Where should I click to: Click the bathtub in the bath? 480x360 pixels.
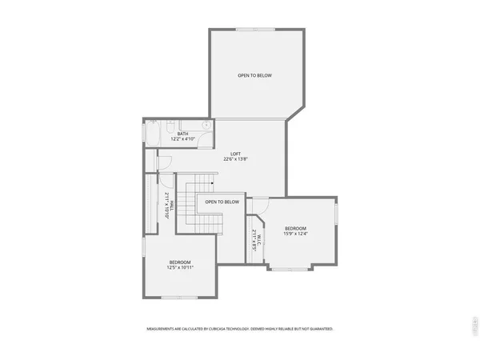[152, 132]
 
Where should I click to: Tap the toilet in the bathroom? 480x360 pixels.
[170, 126]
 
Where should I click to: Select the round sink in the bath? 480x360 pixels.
[206, 126]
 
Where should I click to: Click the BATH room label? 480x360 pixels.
[182, 134]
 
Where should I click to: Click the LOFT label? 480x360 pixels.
[235, 154]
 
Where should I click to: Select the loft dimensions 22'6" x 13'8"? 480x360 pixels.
[235, 159]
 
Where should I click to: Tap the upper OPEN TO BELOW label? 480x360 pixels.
[254, 76]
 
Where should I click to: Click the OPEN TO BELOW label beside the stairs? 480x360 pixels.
[222, 202]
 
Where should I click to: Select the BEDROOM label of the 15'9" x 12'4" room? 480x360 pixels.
[296, 229]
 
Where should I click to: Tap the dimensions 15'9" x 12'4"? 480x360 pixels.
[296, 234]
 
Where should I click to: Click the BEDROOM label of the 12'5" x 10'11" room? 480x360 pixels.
[180, 262]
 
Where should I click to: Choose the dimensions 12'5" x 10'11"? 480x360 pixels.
[180, 267]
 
